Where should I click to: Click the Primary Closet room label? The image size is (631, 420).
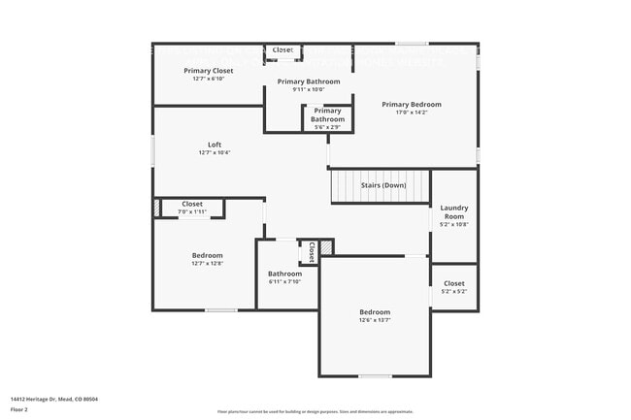pos(208,71)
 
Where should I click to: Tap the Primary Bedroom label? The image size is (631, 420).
pos(411,104)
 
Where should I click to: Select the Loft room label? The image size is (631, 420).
pos(214,145)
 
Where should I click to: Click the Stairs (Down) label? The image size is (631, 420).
pos(382,185)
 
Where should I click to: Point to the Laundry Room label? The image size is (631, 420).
pos(453,211)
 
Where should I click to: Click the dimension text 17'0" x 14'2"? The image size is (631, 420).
pos(411,113)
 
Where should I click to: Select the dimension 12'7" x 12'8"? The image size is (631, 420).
pos(207,264)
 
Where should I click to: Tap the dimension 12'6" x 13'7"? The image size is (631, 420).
pos(375,320)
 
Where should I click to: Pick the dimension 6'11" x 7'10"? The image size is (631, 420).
pos(284,282)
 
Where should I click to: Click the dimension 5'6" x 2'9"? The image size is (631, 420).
pos(327,127)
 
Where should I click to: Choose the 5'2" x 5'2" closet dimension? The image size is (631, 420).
pos(453,291)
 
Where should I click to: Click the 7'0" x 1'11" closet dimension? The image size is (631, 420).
pos(192,211)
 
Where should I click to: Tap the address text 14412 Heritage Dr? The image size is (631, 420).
pos(54,399)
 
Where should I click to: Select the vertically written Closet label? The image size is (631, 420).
pos(311,252)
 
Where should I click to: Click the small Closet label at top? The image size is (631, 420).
pos(282,49)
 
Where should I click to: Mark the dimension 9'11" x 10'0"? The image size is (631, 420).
pos(309,90)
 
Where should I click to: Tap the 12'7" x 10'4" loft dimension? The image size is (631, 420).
pos(214,152)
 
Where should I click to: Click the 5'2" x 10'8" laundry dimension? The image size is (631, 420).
pos(453,224)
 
